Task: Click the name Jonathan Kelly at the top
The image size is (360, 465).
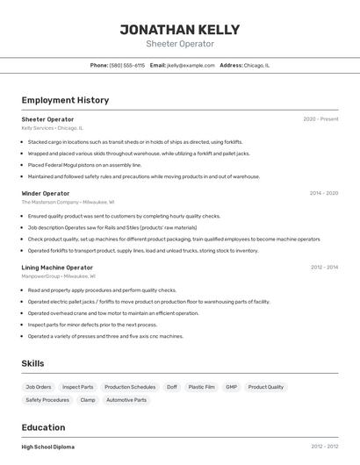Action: pos(180,29)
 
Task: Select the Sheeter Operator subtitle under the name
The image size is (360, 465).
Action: pos(180,44)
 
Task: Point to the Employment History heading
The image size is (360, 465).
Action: pos(65,100)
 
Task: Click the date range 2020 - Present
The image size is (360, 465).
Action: pos(320,119)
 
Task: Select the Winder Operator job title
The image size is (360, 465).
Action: pos(46,193)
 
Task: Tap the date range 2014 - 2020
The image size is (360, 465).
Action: pos(324,193)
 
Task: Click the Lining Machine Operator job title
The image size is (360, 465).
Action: pos(57,268)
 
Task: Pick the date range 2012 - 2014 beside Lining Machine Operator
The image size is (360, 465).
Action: pos(324,268)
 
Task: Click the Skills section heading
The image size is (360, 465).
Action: pos(33,363)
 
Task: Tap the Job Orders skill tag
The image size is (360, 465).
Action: pos(39,387)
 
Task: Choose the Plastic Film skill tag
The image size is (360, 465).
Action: pos(201,387)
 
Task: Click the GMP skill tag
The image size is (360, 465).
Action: pos(231,387)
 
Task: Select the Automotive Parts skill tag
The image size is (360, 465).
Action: pos(127,400)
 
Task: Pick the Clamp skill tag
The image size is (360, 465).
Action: pos(88,400)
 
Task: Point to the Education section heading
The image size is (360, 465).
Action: pos(45,427)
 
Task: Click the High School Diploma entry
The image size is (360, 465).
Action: pos(48,447)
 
